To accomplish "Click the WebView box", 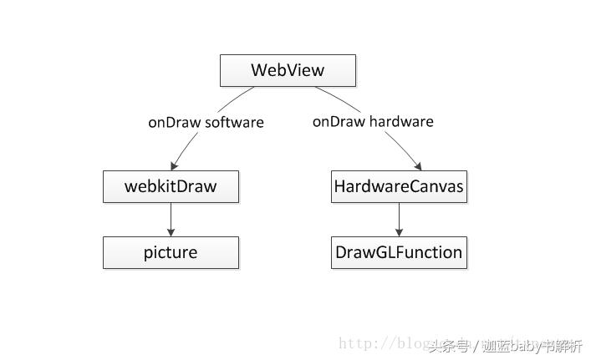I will click(x=288, y=70).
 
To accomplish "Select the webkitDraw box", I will click(x=171, y=186).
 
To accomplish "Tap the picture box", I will click(x=171, y=252).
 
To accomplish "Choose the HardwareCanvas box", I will click(x=399, y=186).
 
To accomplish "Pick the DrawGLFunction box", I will click(x=399, y=252).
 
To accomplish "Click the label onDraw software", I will click(x=206, y=122).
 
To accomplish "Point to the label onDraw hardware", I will click(x=373, y=121).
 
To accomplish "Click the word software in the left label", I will click(x=234, y=122).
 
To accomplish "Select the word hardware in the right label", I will click(x=402, y=121).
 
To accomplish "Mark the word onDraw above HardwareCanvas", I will click(x=339, y=121).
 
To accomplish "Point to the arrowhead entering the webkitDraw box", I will click(x=174, y=165).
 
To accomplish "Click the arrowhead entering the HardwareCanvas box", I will click(x=417, y=165).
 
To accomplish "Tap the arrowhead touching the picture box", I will click(x=171, y=232).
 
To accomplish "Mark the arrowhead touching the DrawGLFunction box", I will click(x=399, y=232).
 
